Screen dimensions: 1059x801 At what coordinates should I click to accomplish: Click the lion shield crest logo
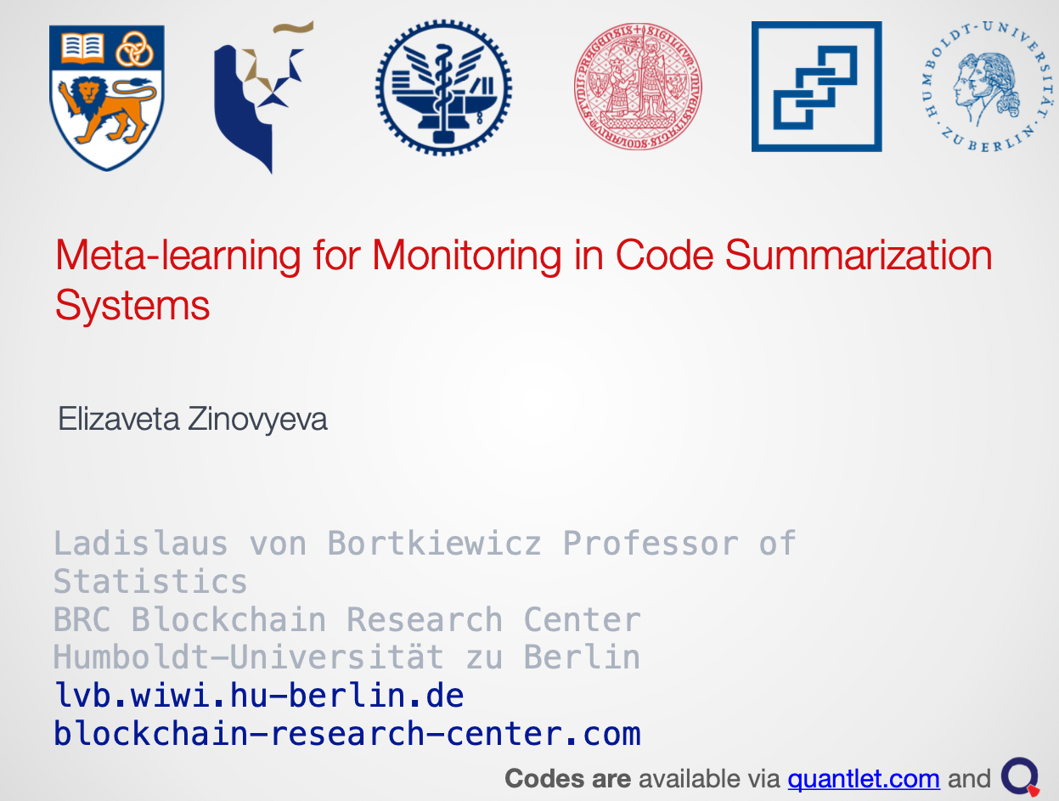pyautogui.click(x=107, y=98)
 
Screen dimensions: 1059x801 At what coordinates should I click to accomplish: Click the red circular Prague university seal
pyautogui.click(x=638, y=87)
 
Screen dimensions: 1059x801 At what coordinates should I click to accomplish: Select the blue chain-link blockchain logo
pyautogui.click(x=816, y=87)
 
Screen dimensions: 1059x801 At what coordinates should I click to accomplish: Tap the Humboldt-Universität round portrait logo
pyautogui.click(x=987, y=87)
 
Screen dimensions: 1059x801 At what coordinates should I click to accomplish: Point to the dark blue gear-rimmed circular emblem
pyautogui.click(x=444, y=87)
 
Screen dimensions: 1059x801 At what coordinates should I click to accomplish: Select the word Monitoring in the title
pyautogui.click(x=466, y=256)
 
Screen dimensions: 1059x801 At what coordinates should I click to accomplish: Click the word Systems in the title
pyautogui.click(x=132, y=306)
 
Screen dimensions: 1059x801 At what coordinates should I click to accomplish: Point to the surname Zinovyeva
pyautogui.click(x=257, y=420)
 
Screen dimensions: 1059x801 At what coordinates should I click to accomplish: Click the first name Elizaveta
pyautogui.click(x=119, y=419)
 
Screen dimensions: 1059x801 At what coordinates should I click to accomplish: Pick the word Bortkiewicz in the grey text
pyautogui.click(x=434, y=544)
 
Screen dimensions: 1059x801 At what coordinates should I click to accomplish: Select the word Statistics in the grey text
pyautogui.click(x=150, y=582)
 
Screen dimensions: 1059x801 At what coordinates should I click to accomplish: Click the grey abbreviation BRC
pyautogui.click(x=82, y=619)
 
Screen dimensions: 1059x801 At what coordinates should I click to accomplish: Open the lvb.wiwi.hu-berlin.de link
pyautogui.click(x=259, y=696)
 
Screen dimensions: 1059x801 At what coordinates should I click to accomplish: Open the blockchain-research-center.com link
pyautogui.click(x=346, y=733)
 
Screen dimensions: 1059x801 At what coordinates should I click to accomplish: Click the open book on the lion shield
pyautogui.click(x=82, y=48)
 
